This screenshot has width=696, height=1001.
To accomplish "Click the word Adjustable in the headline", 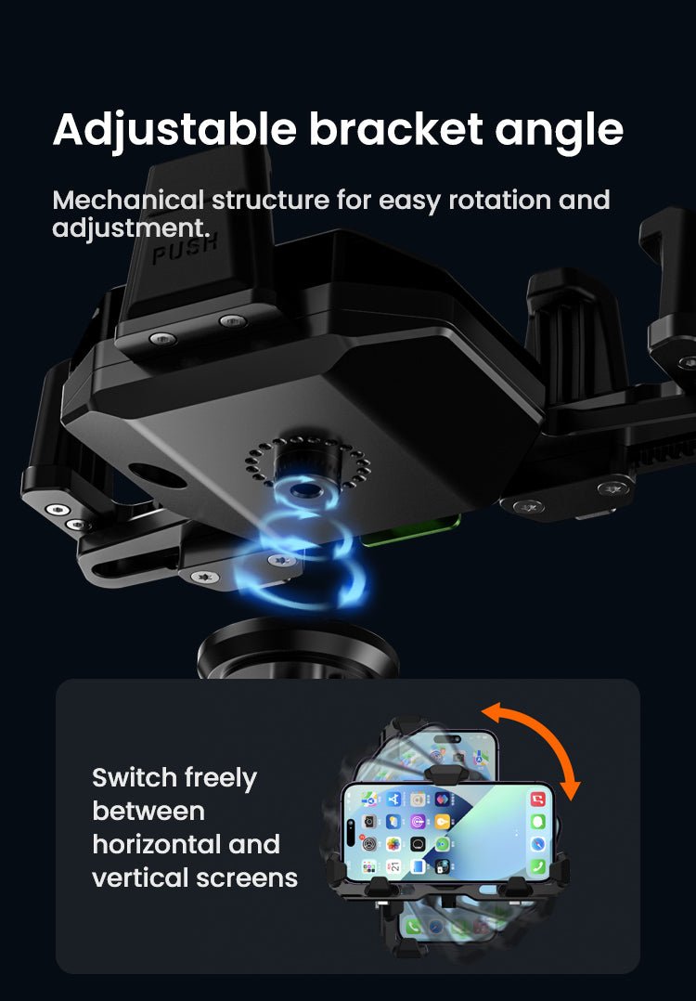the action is point(174,130).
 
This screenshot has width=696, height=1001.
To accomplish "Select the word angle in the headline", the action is point(559,132).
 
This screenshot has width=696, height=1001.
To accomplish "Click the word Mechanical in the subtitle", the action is point(128,200).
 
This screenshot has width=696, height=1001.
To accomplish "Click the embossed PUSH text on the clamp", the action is point(185,248).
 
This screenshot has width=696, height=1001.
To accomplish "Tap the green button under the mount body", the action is point(412,531).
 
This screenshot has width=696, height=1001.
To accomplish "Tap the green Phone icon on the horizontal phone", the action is point(538,865).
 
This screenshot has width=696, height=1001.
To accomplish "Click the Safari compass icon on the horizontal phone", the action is point(538,843).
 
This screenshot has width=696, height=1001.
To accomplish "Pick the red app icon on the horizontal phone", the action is point(538,799).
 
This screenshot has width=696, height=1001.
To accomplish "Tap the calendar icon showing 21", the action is point(394,865).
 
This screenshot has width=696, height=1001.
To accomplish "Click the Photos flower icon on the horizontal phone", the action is point(394,843).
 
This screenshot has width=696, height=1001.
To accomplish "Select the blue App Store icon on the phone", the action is point(394,799).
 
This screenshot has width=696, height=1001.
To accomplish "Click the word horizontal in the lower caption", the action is point(156,844).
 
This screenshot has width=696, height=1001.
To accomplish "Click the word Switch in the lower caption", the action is point(135,777).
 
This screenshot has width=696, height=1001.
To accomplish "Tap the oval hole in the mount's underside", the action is point(158,475).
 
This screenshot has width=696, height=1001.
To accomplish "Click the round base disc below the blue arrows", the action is point(297,650).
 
